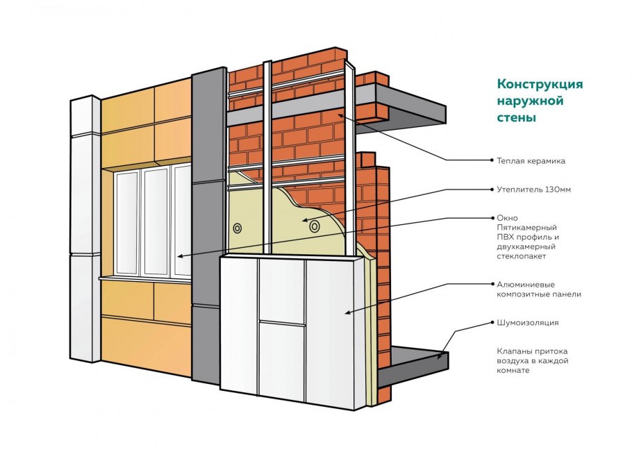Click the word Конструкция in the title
540,84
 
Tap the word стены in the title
516,117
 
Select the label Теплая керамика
531,161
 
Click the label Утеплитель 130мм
533,189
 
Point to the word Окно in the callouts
507,218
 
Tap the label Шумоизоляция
528,323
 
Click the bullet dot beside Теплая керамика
492,160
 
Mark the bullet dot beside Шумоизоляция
492,322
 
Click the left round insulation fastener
238,228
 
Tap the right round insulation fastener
315,227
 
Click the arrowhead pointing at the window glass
180,256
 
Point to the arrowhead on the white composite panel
347,312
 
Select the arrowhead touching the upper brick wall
340,115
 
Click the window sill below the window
145,278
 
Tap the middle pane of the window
156,221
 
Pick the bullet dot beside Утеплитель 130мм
492,189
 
